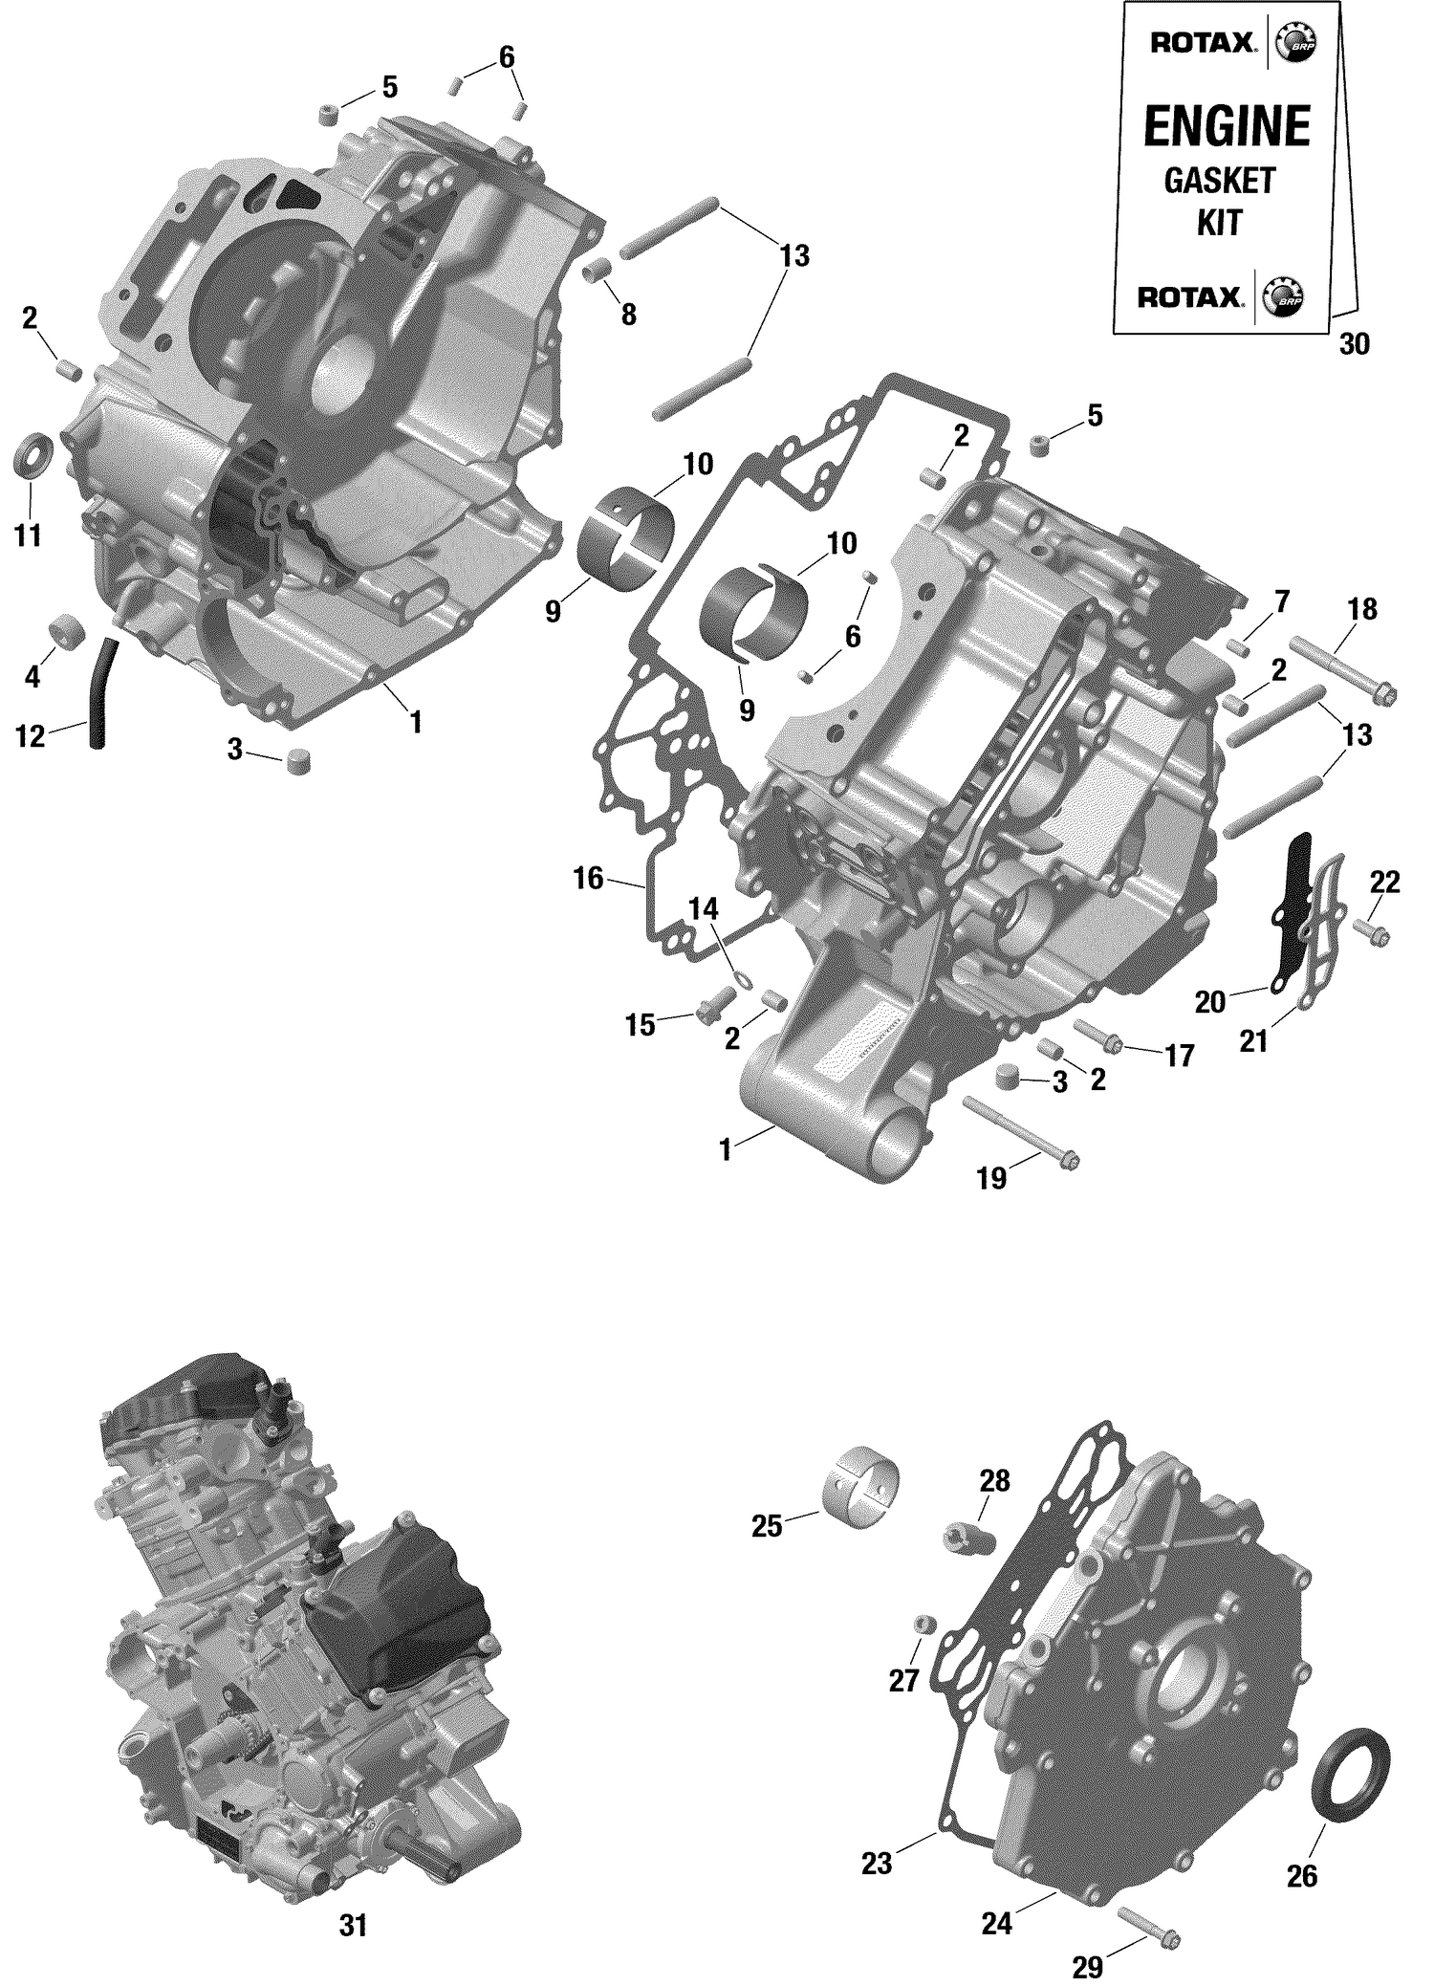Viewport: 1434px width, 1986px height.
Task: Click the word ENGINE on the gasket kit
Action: [x=1227, y=127]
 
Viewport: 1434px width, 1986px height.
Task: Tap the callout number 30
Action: [x=1354, y=344]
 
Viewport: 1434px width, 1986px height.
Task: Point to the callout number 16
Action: [x=588, y=877]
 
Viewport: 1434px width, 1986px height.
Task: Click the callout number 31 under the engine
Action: [x=353, y=1926]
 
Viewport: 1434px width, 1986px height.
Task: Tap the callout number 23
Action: [x=876, y=1863]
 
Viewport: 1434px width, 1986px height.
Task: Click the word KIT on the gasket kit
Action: [x=1219, y=223]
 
